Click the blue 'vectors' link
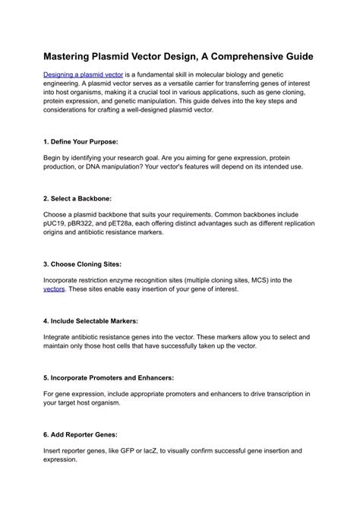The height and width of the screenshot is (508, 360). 54,289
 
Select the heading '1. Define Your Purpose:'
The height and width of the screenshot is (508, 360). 81,142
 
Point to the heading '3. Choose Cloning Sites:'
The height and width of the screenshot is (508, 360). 85,265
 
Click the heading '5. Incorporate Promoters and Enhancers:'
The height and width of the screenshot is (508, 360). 109,377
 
